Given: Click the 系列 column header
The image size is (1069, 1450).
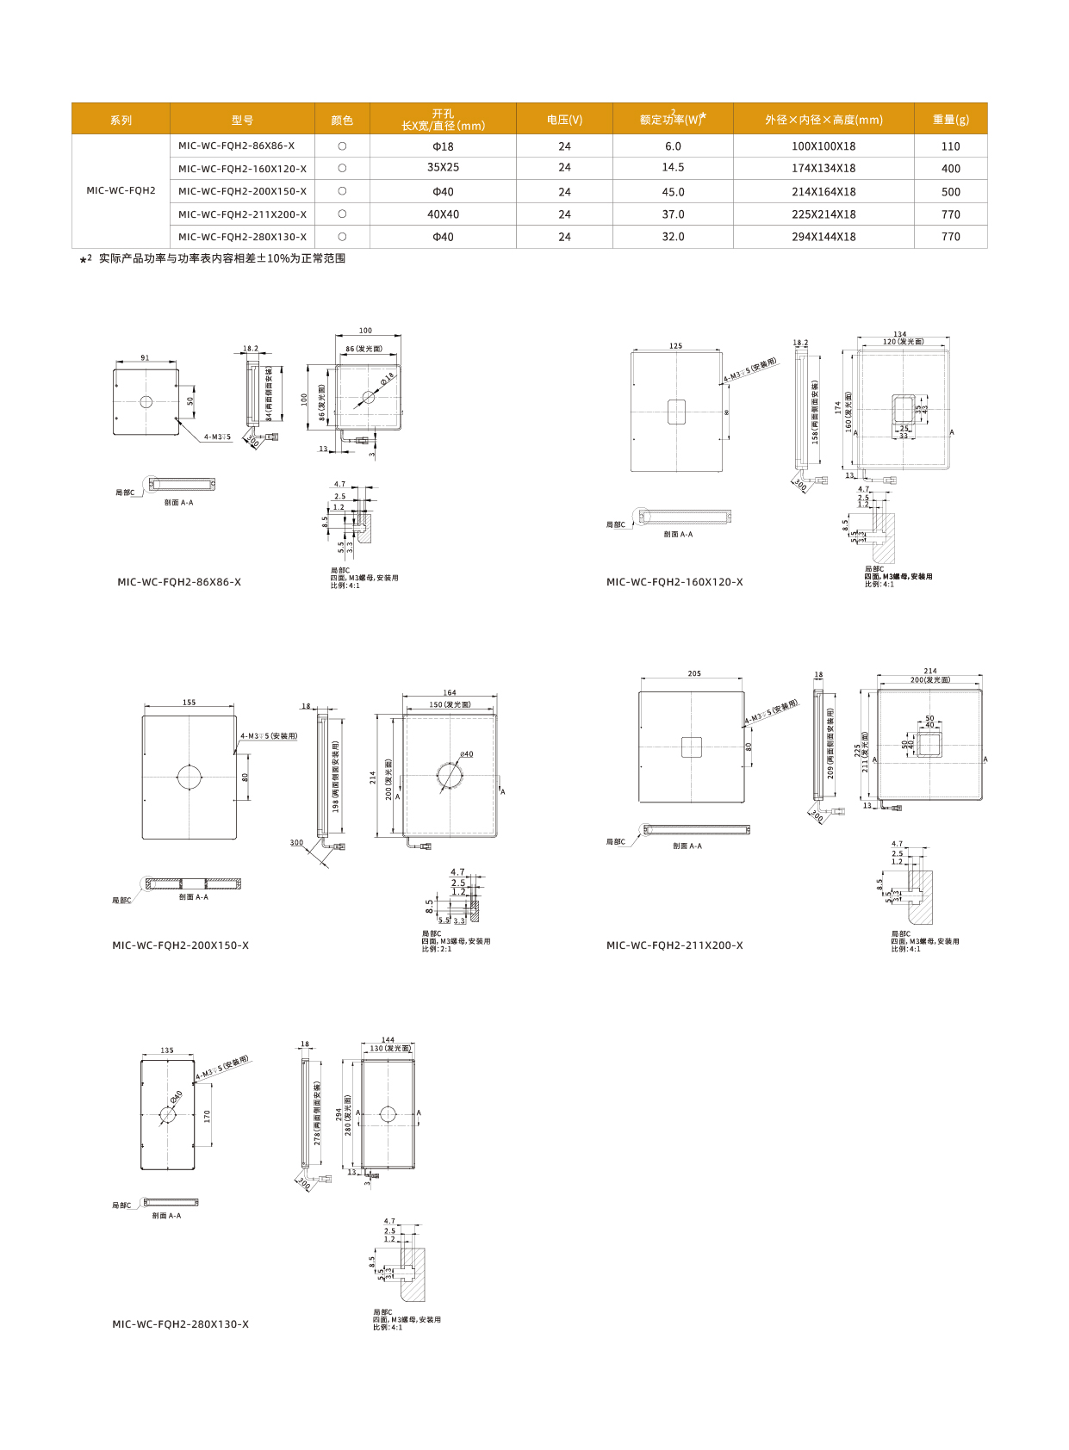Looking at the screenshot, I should click(121, 120).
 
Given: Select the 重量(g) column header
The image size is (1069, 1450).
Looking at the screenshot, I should click(950, 120).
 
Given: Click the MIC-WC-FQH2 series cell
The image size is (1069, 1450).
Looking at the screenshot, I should click(121, 190).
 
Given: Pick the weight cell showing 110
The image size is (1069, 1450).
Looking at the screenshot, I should click(950, 146).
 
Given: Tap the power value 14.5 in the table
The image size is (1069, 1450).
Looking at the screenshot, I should click(673, 168).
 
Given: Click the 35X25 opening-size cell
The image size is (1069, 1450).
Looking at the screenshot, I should click(443, 168).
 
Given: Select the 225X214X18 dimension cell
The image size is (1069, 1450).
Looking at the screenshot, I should click(824, 214).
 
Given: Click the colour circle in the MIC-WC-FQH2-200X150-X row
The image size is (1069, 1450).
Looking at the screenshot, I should click(342, 191).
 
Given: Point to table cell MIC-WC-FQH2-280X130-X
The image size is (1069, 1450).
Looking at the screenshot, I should click(242, 237).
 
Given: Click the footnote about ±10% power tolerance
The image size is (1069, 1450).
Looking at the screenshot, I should click(221, 258).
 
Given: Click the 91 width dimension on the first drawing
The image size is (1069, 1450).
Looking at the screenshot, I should click(145, 358).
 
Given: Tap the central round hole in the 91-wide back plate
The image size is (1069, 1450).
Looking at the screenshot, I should click(146, 402).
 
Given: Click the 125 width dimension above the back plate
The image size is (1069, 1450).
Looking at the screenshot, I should click(675, 346).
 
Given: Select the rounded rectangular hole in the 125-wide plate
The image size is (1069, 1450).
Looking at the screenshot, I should click(676, 412).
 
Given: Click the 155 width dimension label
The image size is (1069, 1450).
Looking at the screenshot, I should click(189, 703).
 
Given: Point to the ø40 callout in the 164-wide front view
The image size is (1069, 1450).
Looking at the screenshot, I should click(466, 754).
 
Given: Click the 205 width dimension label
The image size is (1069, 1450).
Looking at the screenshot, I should click(694, 674).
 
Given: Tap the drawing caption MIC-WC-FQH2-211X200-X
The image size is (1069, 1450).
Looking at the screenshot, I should click(674, 945).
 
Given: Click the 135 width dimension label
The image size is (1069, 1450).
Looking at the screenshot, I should click(167, 1050).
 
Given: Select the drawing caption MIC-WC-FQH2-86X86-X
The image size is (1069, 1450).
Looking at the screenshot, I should click(179, 582).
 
